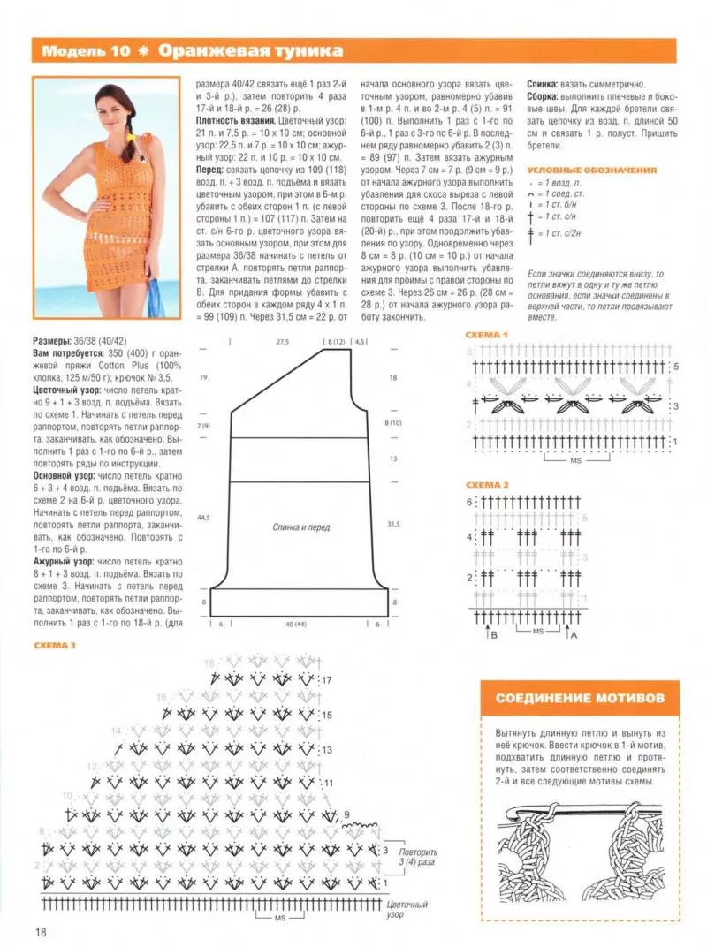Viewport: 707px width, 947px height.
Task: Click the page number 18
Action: [42, 932]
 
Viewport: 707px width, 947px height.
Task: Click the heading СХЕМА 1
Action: [487, 336]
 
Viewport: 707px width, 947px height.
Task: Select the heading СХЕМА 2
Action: [487, 485]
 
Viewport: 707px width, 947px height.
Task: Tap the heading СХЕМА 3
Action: [55, 646]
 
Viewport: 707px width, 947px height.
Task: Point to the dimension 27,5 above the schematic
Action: [283, 340]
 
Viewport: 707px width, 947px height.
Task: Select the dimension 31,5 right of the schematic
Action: [394, 523]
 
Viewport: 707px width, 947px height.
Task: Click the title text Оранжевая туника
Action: [251, 50]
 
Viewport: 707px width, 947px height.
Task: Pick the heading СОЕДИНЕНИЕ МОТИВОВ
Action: [581, 698]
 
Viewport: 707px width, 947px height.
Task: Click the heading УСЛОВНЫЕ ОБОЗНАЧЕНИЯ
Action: [591, 170]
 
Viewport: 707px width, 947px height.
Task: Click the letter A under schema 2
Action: [575, 634]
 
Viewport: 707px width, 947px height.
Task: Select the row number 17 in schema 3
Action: [326, 680]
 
